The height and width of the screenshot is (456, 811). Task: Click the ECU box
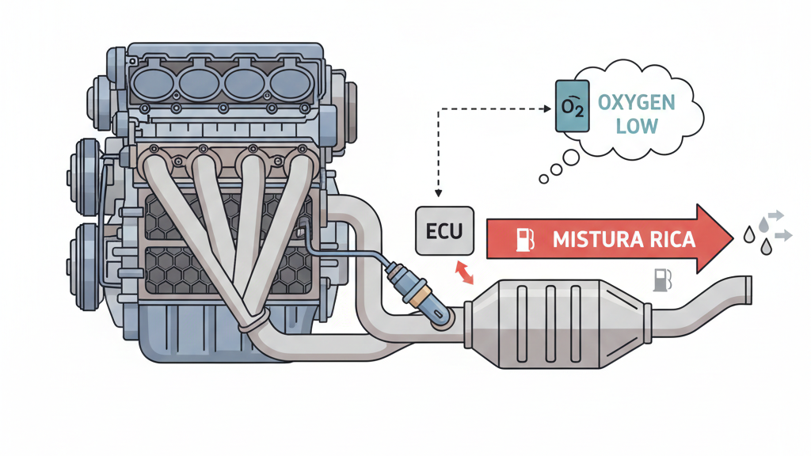(x=444, y=230)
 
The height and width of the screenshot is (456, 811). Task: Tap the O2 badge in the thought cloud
(x=571, y=106)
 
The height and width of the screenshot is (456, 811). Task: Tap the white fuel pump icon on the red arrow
(x=525, y=239)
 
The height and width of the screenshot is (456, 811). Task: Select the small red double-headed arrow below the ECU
(x=463, y=272)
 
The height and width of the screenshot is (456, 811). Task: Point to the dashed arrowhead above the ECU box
(x=436, y=196)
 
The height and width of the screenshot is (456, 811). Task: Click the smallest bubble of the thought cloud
(x=543, y=180)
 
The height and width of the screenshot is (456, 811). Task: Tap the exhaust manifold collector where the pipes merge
(x=252, y=320)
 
